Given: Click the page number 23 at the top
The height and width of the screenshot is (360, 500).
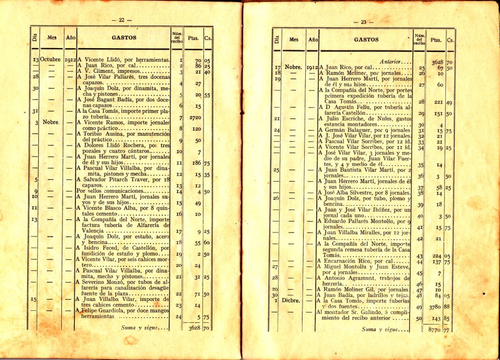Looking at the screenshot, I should (x=363, y=22).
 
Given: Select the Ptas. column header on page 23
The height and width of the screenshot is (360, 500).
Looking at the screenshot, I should (x=436, y=40).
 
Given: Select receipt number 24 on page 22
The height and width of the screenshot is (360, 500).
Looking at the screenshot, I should (x=178, y=316).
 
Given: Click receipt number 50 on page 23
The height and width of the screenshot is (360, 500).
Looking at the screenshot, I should (x=420, y=318).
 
